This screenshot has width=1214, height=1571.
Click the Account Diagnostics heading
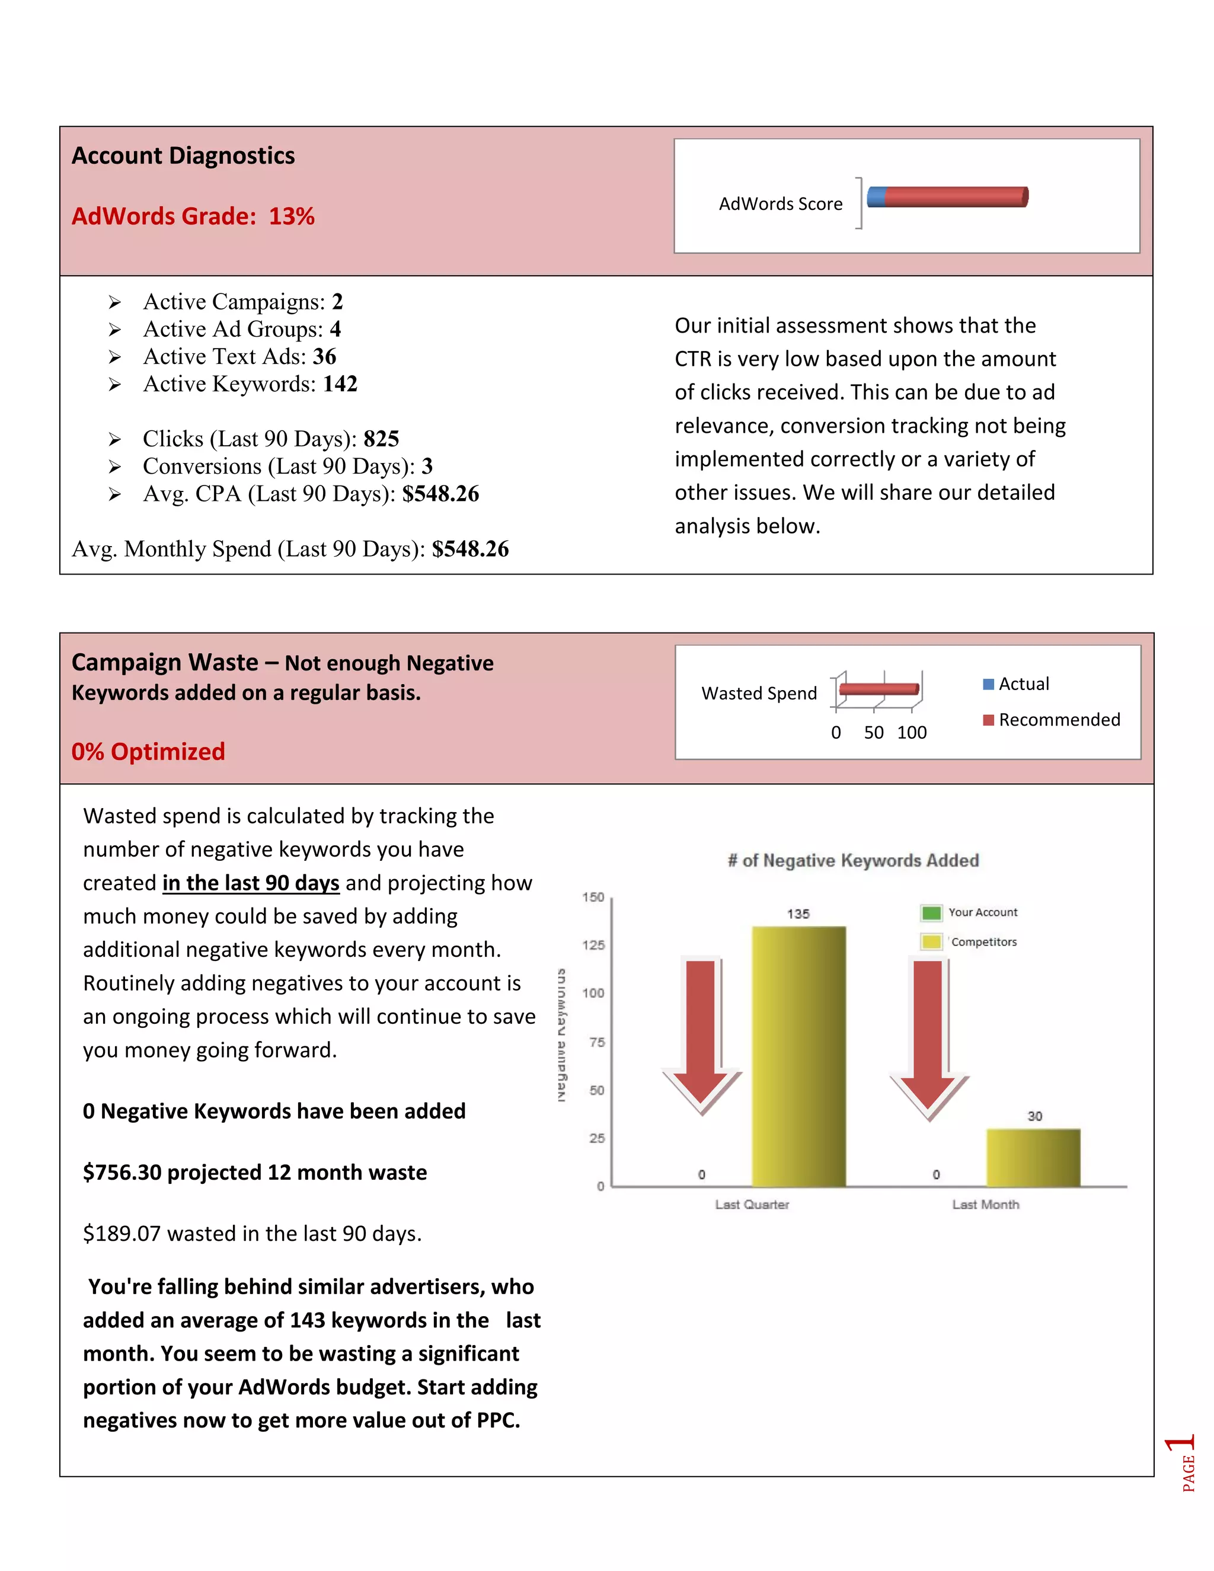tap(183, 156)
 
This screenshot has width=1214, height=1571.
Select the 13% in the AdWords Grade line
tap(291, 216)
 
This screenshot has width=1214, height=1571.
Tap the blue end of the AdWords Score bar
tap(876, 196)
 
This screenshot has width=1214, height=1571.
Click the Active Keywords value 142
tap(340, 384)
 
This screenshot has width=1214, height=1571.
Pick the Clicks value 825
tap(381, 439)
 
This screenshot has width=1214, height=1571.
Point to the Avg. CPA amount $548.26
tap(440, 494)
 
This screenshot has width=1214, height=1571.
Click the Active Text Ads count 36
tap(324, 357)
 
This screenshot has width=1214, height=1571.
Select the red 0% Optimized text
tap(148, 752)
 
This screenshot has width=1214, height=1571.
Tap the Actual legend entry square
tap(988, 684)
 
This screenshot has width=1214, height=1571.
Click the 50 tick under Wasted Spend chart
tap(873, 733)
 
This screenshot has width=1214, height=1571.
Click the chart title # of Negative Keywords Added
tap(853, 861)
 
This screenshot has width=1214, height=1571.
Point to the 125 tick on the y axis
tap(593, 945)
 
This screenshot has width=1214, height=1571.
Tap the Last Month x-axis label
tap(985, 1205)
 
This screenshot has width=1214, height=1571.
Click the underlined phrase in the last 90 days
tap(250, 883)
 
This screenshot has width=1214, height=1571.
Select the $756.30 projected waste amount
tap(122, 1173)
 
